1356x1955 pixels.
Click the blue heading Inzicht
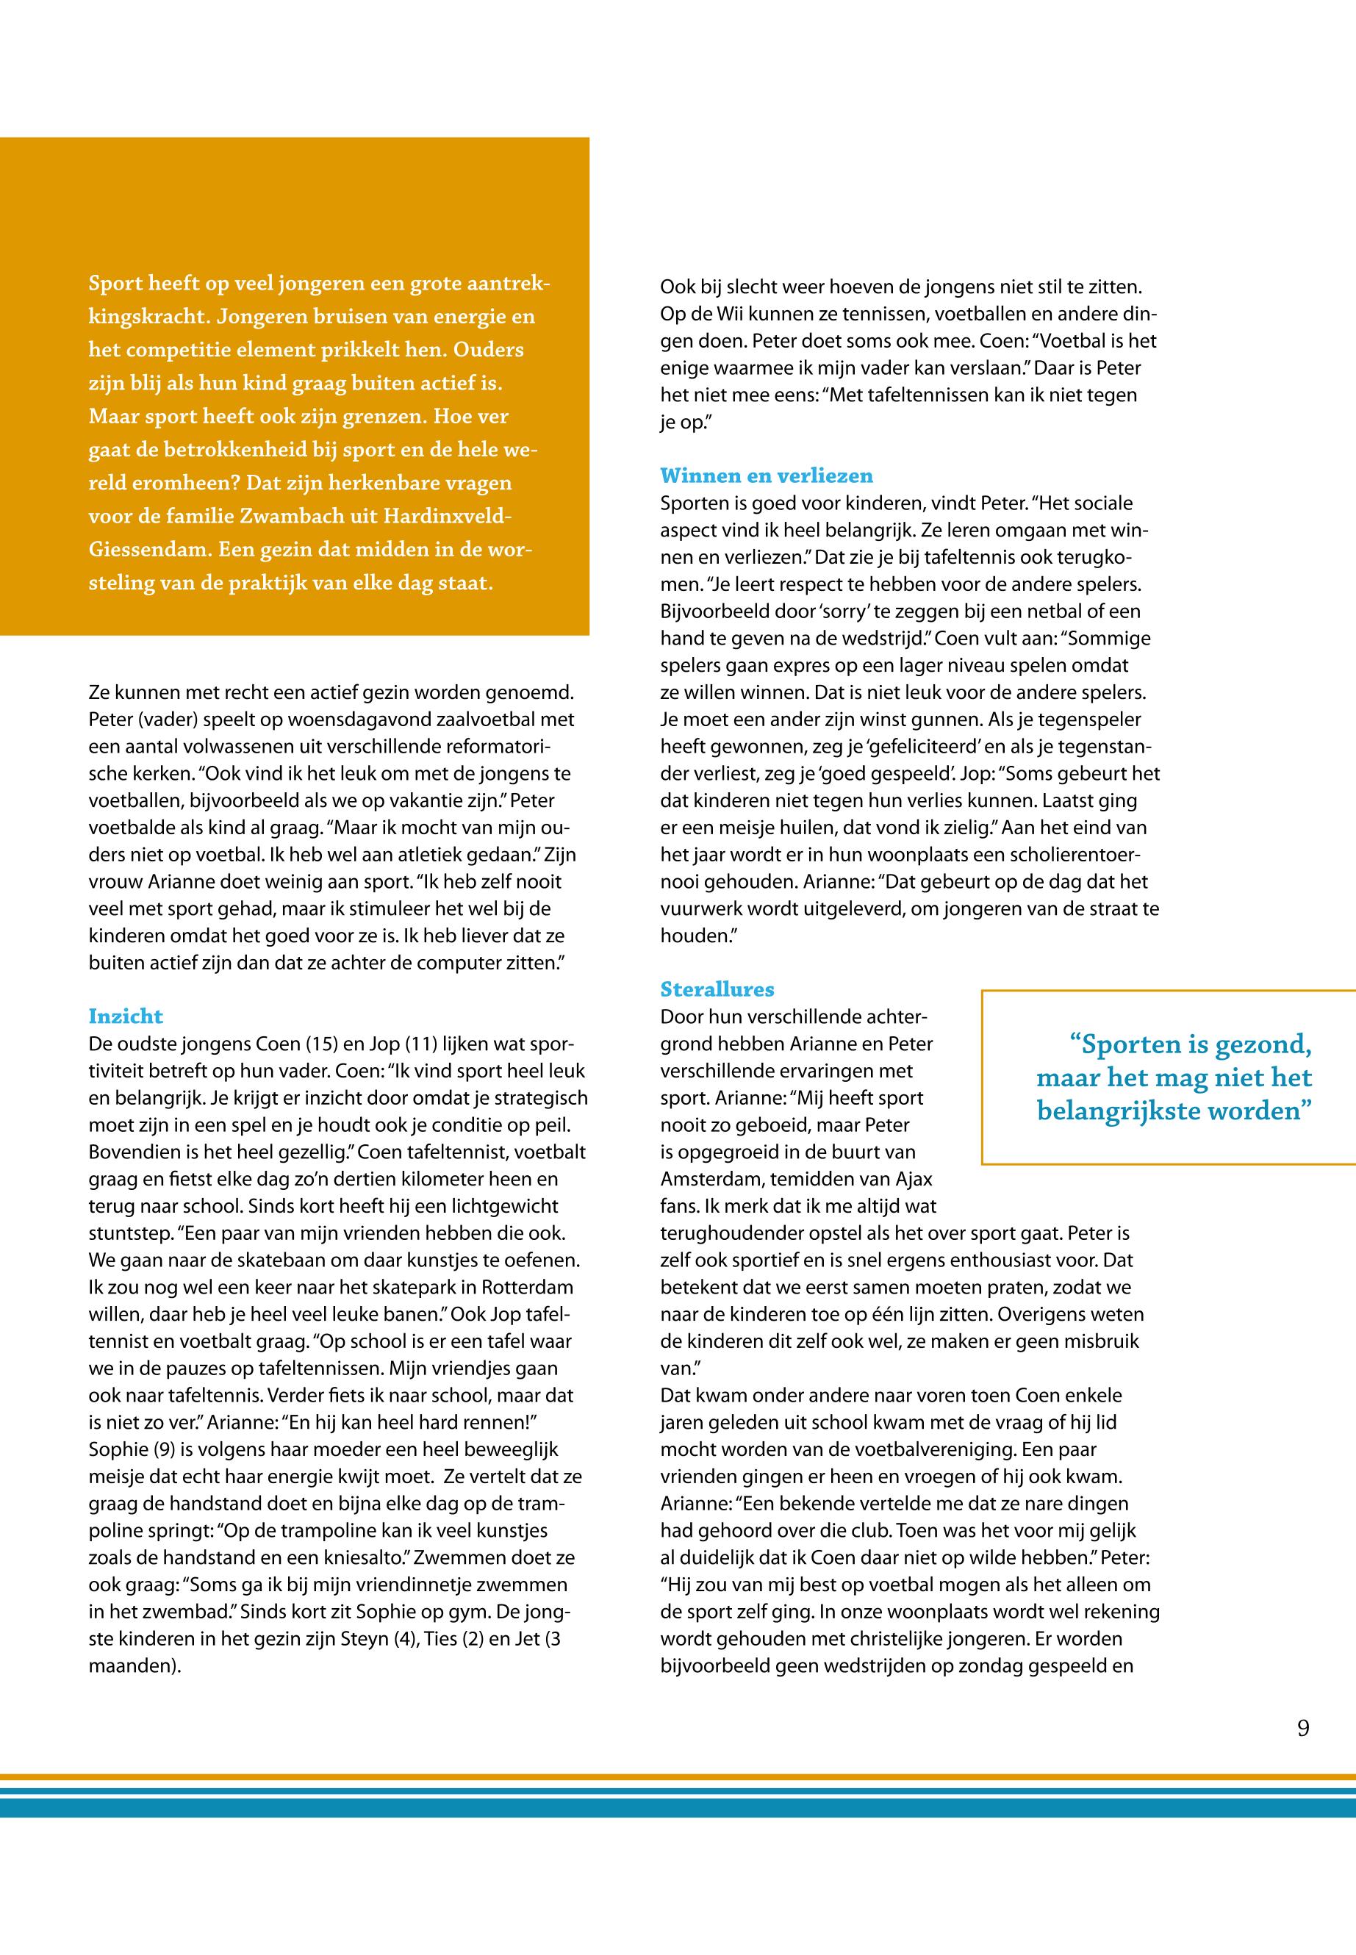pyautogui.click(x=126, y=1016)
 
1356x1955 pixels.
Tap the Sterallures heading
pyautogui.click(x=717, y=989)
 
